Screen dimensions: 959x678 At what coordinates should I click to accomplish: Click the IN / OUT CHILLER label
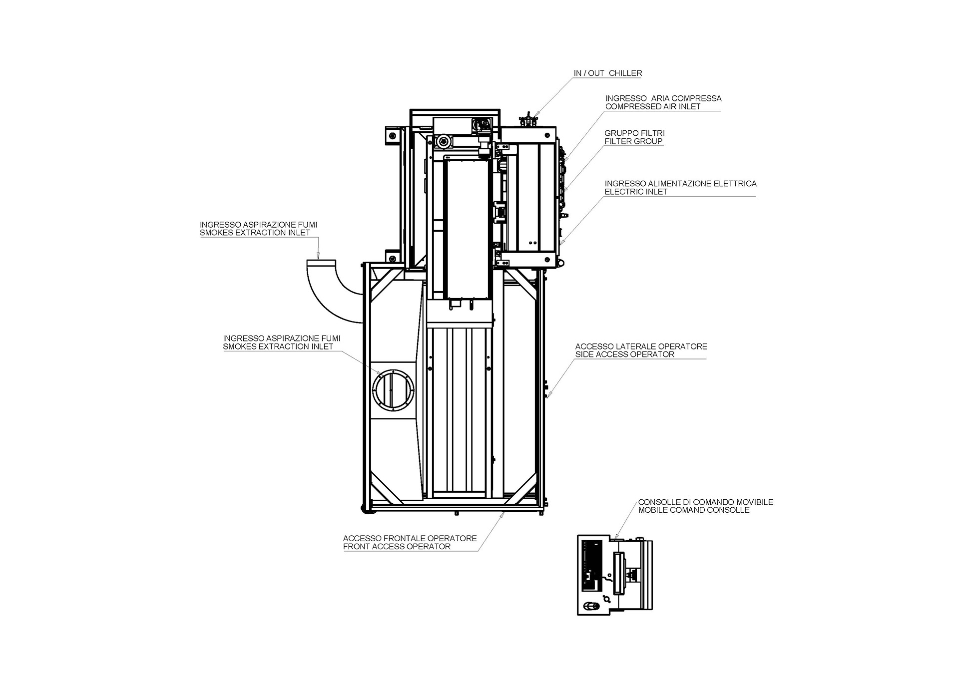[608, 73]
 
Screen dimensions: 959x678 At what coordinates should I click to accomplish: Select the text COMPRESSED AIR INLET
[653, 106]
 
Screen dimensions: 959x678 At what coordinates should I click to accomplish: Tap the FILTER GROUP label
[633, 141]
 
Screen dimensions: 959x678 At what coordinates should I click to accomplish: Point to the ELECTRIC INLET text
[636, 192]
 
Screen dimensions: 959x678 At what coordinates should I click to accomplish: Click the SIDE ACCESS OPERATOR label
[625, 354]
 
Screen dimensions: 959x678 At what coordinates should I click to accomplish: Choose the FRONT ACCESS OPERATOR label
[397, 547]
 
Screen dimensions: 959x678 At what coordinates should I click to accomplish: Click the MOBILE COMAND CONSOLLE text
[694, 510]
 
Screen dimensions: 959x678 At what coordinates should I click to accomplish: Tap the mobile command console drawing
[615, 575]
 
